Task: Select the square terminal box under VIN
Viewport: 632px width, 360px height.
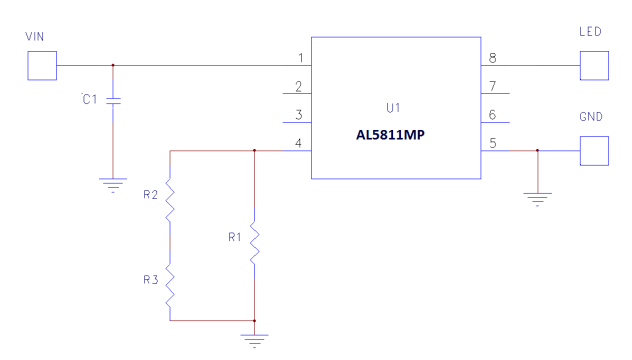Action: pyautogui.click(x=41, y=66)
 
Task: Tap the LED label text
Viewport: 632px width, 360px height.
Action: pyautogui.click(x=590, y=33)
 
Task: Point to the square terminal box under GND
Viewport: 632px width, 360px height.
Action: pyautogui.click(x=593, y=151)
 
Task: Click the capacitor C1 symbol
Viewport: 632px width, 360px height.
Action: pyautogui.click(x=113, y=101)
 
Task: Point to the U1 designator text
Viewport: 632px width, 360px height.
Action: pyautogui.click(x=393, y=107)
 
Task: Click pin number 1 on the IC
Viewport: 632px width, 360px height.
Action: pyautogui.click(x=300, y=58)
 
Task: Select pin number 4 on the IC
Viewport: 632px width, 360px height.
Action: pyautogui.click(x=300, y=143)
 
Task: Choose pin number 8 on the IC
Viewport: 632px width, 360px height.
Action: pyautogui.click(x=492, y=58)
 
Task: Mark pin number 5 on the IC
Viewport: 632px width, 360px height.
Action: pyautogui.click(x=492, y=143)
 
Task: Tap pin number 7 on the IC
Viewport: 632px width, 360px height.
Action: pyautogui.click(x=492, y=86)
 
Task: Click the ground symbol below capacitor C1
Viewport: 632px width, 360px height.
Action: pyautogui.click(x=113, y=183)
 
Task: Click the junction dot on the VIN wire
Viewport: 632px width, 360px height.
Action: pyautogui.click(x=113, y=66)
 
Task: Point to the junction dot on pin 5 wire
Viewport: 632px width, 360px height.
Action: pyautogui.click(x=538, y=151)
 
